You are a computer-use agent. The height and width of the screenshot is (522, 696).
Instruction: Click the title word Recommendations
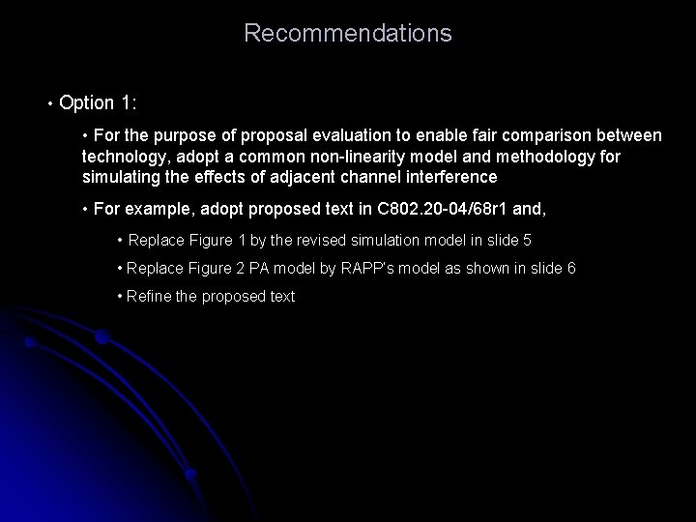[347, 34]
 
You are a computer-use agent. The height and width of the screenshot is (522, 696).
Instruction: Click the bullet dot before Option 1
[47, 103]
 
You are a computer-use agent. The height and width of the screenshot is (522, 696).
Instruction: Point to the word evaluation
[332, 134]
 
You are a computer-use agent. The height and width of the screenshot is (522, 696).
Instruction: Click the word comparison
[540, 134]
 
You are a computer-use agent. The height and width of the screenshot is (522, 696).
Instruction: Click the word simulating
[120, 177]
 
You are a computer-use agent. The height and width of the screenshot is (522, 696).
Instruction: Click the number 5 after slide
[527, 240]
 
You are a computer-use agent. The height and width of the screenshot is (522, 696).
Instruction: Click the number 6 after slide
[571, 268]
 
